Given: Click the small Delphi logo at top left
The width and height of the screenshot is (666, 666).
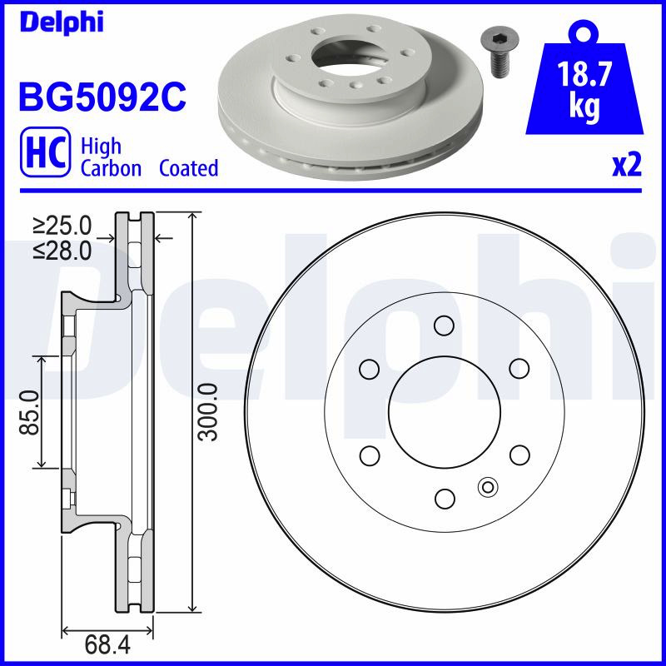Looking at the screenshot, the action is click(62, 22).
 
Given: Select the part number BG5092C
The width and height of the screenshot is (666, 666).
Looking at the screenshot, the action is click(102, 97).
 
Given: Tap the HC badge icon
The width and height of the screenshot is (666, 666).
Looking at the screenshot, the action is click(46, 152).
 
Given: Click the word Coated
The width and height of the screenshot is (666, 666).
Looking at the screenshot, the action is click(189, 168).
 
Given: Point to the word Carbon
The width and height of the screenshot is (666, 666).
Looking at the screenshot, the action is click(111, 169).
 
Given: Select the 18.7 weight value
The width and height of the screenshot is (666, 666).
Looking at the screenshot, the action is click(584, 74).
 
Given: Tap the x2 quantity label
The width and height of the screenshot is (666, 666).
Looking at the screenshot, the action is click(627, 165).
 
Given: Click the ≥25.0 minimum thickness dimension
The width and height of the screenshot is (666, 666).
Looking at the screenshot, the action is click(62, 226).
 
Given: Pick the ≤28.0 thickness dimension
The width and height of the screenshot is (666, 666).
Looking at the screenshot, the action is click(62, 251).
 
